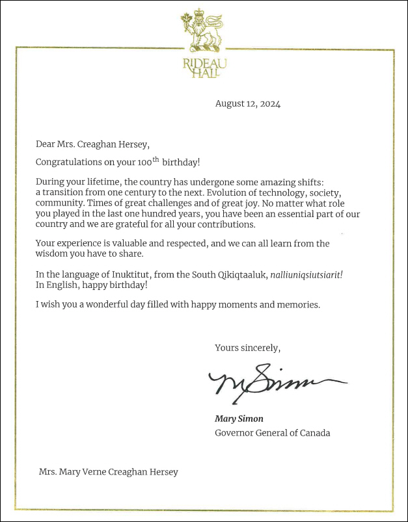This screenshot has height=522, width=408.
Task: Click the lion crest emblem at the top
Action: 203,32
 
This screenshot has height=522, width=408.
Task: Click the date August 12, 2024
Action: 247,103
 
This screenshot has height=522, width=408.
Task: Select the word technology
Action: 284,193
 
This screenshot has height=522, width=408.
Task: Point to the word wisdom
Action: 53,255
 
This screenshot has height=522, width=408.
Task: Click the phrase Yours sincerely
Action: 247,348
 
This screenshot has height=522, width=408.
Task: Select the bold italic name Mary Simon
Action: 239,419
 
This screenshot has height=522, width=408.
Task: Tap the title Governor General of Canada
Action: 272,432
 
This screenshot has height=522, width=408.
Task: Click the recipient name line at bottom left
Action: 108,472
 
